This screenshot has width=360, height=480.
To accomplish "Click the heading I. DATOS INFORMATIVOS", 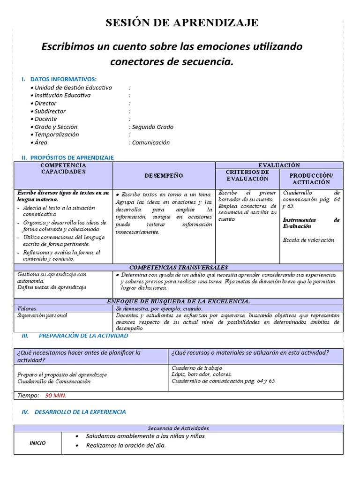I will click(x=63, y=79).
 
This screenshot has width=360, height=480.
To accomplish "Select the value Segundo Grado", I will click(x=152, y=127).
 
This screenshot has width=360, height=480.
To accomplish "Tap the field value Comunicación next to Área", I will click(x=150, y=142).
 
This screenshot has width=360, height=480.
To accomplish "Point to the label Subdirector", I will click(x=50, y=111).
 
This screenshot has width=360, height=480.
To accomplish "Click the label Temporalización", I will click(x=56, y=135).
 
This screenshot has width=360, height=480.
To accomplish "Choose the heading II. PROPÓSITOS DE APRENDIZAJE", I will click(x=67, y=158).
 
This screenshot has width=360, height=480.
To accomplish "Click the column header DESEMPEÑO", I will click(x=164, y=175).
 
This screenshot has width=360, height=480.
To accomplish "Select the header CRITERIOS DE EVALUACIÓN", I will click(x=247, y=175).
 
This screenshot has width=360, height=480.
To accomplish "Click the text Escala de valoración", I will click(x=308, y=240).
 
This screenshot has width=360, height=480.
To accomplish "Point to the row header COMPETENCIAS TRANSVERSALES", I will click(x=178, y=267).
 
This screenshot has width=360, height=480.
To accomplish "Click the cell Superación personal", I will click(x=42, y=315).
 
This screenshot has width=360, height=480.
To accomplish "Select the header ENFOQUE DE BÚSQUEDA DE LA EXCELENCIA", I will click(x=178, y=301).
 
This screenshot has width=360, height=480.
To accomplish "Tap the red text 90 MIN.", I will click(x=56, y=395).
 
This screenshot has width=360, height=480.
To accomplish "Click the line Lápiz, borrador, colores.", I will click(x=202, y=375).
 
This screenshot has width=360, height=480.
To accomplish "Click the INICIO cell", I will click(x=37, y=443).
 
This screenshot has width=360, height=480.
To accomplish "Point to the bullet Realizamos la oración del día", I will click(x=126, y=445).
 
